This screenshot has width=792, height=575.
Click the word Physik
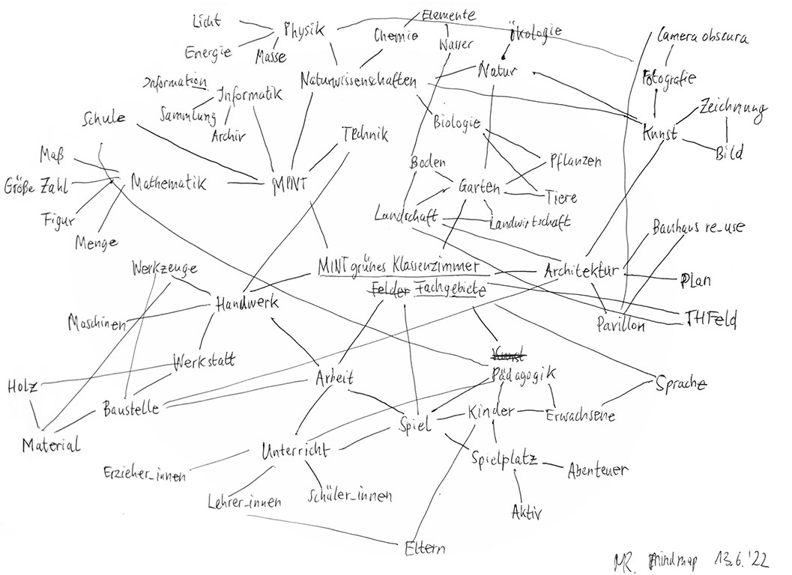303,30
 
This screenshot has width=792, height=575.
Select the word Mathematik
169,182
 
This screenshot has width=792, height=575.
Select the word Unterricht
293,451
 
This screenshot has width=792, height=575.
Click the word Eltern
424,548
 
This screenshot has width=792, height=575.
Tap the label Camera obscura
702,36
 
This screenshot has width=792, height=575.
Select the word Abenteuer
596,470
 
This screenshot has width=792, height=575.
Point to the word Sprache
681,384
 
